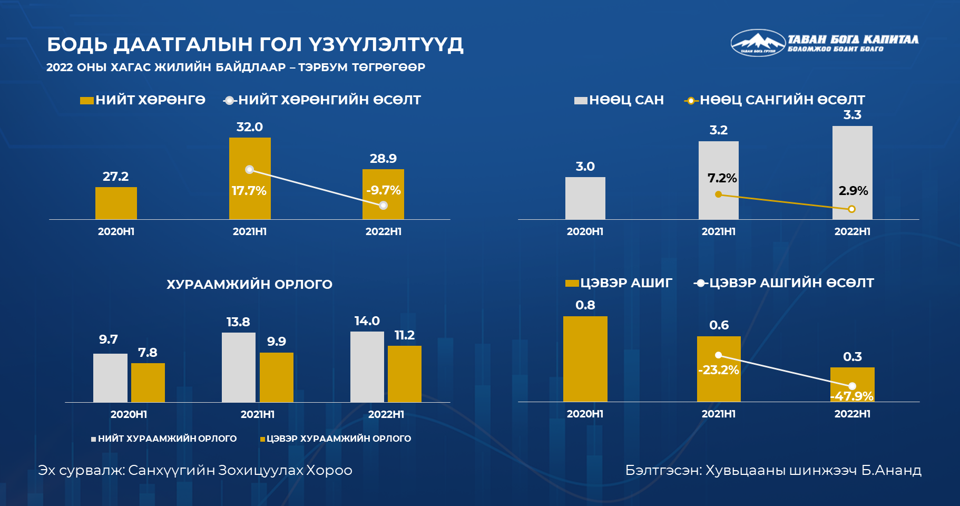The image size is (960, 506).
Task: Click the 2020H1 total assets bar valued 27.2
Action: coord(116,203)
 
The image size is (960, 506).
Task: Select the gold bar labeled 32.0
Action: coord(250,178)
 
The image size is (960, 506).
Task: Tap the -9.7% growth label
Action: coord(384,190)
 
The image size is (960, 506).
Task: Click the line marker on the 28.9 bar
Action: coord(384,205)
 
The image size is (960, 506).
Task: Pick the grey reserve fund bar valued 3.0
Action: coord(585,198)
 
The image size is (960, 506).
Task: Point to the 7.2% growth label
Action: coord(722,178)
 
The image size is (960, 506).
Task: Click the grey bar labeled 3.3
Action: coord(852,172)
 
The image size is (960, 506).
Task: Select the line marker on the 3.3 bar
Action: coord(852,209)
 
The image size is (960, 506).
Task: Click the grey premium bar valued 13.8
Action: coord(239,367)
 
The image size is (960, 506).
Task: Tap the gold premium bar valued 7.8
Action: coord(148,383)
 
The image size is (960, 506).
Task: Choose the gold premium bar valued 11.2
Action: coord(405,374)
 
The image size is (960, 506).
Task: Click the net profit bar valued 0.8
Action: coord(585,359)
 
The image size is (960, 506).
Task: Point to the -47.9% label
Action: coord(852,396)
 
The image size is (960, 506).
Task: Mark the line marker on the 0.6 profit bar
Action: coord(718,355)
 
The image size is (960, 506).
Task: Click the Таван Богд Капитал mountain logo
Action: coord(758,43)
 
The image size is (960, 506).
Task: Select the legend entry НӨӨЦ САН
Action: coord(619,100)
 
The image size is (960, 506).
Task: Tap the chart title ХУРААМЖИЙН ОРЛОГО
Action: coord(249,285)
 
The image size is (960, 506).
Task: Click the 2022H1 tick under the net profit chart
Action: coord(852,414)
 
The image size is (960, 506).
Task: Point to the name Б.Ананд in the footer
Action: coord(892,470)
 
